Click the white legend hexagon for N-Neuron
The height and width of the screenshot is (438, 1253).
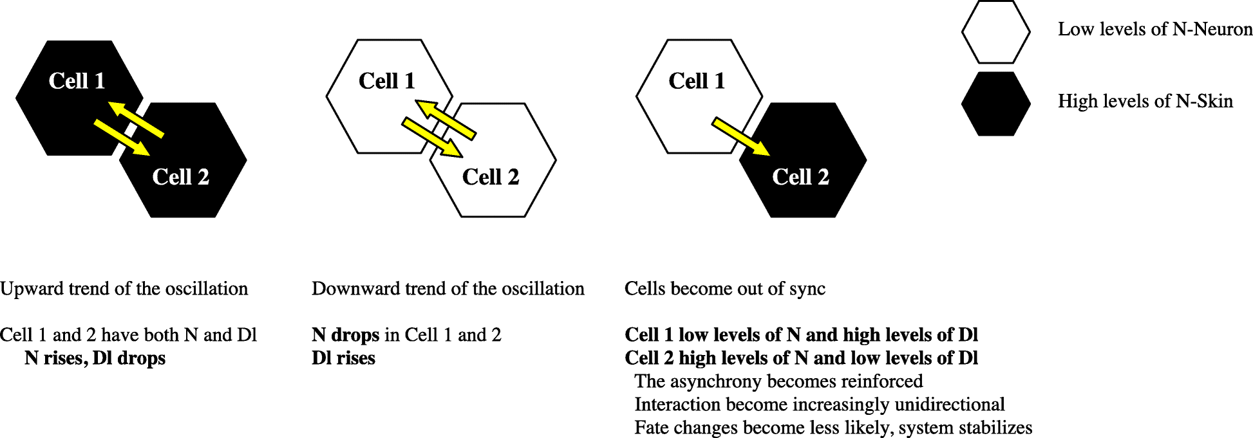click(995, 32)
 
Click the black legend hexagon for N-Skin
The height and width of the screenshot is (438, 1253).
click(995, 104)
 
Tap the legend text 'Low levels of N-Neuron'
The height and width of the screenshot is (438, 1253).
click(1154, 29)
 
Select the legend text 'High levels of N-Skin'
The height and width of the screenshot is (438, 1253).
click(1145, 101)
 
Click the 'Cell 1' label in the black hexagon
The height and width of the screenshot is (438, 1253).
click(77, 81)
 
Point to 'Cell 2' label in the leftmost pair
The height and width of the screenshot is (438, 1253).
click(181, 177)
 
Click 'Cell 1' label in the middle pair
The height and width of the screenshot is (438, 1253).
click(386, 81)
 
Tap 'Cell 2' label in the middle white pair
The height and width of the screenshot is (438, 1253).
click(491, 177)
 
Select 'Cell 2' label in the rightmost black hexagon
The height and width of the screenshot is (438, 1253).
click(800, 177)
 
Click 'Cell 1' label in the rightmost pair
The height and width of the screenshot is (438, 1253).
click(697, 81)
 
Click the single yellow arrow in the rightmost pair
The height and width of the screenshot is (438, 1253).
click(740, 136)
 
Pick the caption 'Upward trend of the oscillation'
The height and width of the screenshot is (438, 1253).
click(124, 289)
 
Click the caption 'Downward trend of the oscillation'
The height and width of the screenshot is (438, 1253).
click(447, 289)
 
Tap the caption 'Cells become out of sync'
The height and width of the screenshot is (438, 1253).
click(724, 289)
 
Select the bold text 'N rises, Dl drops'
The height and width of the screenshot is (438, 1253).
click(95, 358)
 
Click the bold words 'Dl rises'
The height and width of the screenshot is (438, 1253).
click(343, 358)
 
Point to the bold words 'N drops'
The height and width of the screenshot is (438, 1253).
click(346, 335)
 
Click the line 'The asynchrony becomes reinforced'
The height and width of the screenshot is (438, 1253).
click(778, 381)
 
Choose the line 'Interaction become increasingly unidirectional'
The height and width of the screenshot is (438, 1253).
click(819, 405)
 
